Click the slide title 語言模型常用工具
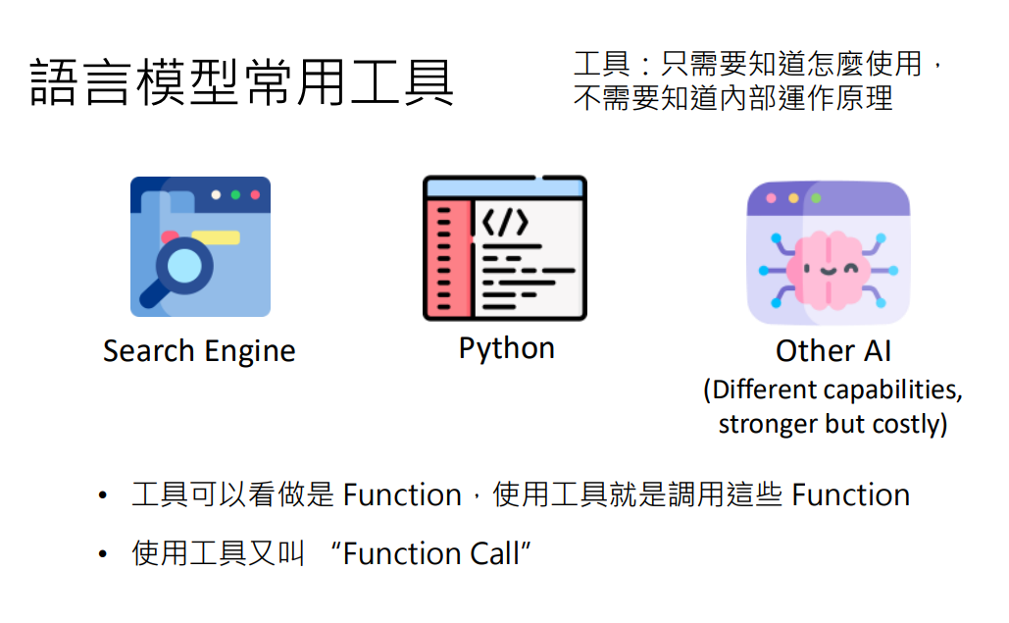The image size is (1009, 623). [x=241, y=82]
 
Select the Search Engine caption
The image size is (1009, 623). [x=199, y=351]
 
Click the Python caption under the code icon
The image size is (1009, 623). [x=506, y=348]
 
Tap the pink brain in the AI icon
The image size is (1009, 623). [x=828, y=266]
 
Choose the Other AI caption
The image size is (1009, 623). [x=832, y=351]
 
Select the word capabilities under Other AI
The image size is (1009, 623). [x=892, y=389]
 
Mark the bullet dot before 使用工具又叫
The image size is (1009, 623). [x=102, y=555]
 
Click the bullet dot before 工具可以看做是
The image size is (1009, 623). [x=102, y=496]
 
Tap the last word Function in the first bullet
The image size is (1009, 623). [x=850, y=494]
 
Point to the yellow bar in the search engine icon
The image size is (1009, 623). [x=216, y=236]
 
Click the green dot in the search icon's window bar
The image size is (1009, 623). [x=235, y=194]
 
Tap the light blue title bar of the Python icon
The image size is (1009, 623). [x=504, y=186]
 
